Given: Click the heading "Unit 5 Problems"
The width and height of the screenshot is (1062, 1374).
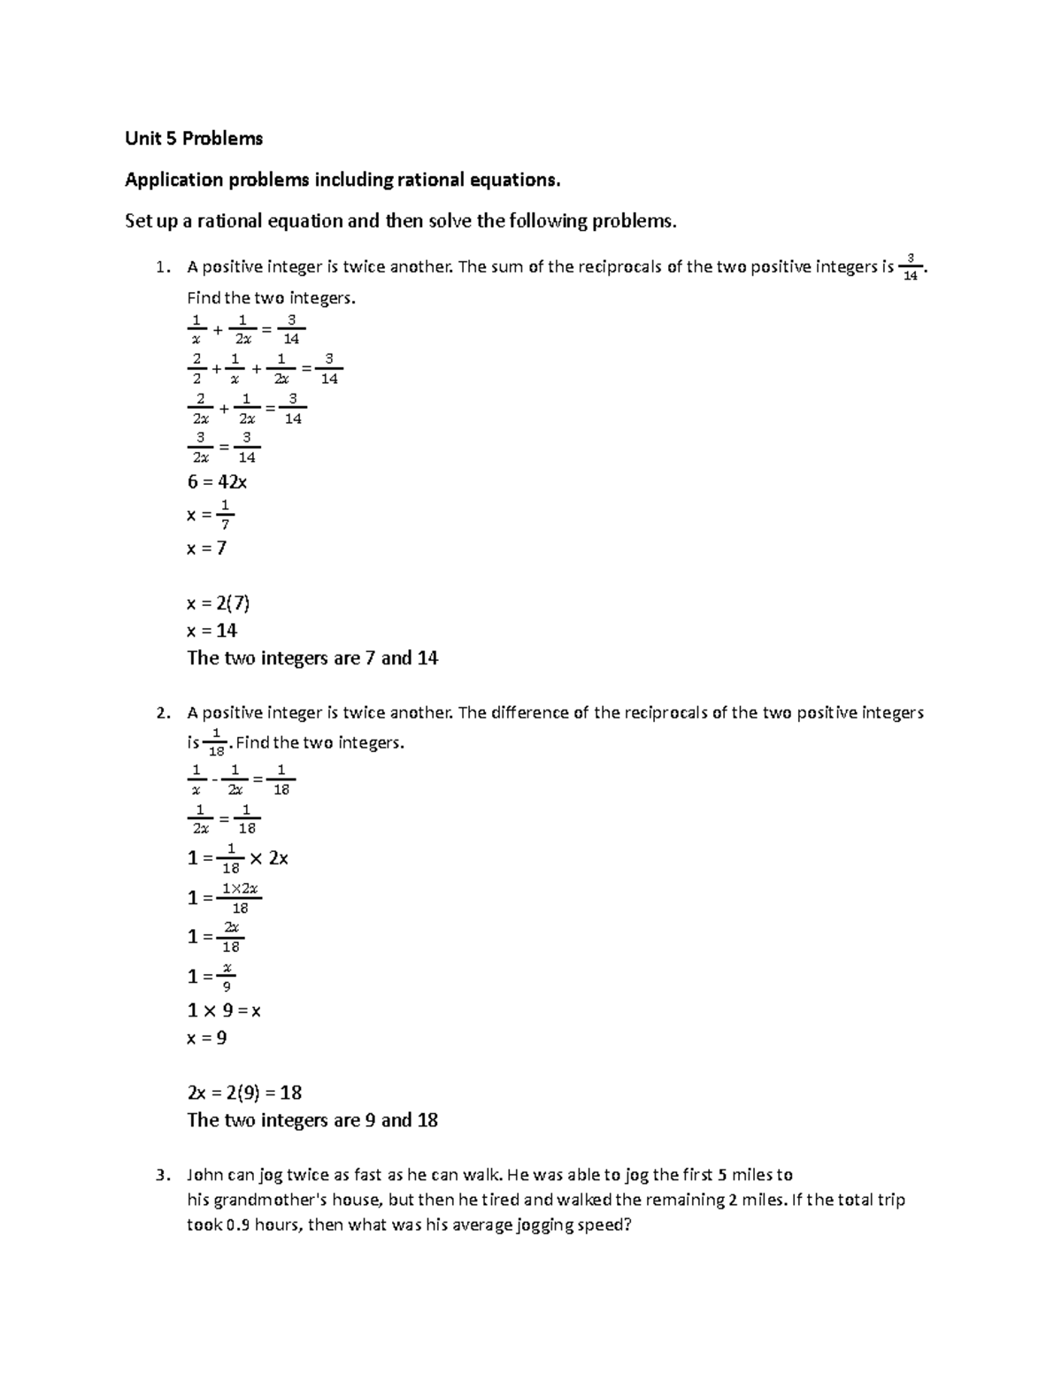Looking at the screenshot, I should point(194,139).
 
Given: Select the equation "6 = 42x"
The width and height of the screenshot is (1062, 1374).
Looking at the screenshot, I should point(217,482).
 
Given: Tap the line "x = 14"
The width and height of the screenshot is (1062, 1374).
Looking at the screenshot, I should point(212,631).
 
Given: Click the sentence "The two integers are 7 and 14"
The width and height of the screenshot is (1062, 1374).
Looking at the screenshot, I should point(312,658).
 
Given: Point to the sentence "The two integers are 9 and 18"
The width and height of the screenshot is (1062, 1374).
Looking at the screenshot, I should point(312,1120).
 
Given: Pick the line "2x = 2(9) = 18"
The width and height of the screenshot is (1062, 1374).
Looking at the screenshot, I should point(244,1093).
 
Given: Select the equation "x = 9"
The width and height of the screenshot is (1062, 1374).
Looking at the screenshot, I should point(207,1038).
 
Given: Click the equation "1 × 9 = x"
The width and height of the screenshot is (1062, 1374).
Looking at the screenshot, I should point(224,1010).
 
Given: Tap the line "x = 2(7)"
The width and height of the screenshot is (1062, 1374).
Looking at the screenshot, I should point(219,604).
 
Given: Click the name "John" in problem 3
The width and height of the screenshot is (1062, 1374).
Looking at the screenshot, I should point(205,1176).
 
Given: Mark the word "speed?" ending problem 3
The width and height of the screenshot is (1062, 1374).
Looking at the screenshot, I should point(605,1226).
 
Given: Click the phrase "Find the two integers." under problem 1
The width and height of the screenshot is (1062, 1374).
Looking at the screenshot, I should point(271,298).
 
